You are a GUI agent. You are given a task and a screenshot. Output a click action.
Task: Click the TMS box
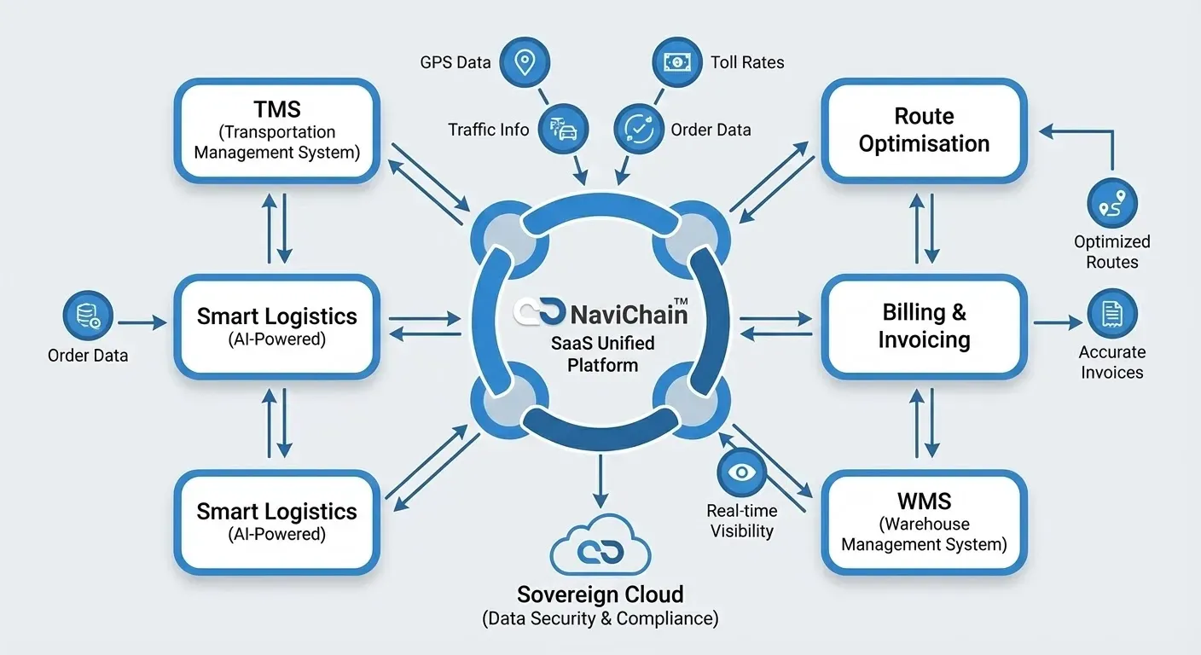[276, 130]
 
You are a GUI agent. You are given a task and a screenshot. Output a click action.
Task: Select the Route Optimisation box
[924, 130]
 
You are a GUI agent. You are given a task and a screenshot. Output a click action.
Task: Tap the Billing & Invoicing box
[924, 326]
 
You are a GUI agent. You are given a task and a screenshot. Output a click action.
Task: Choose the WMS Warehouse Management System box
[924, 522]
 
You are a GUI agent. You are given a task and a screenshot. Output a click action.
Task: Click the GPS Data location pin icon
[525, 62]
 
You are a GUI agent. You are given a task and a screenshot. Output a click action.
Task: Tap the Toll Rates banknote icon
[677, 62]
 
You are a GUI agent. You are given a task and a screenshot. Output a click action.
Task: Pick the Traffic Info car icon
[564, 130]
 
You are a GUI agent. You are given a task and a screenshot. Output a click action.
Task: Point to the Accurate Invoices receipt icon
[1112, 314]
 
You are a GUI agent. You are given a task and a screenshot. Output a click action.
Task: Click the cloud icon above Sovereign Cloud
[600, 550]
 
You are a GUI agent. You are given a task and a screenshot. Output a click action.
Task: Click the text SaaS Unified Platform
[604, 354]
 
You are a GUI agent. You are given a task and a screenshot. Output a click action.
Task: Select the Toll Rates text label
[747, 62]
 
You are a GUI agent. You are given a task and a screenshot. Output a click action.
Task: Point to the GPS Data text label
[455, 62]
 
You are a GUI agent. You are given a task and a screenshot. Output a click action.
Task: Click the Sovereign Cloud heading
[600, 594]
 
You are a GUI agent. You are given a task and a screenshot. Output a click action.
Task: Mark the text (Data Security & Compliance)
[600, 618]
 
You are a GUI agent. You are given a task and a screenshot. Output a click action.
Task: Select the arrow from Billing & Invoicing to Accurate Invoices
[1057, 323]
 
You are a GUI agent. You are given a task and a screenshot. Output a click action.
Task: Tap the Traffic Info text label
[489, 130]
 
